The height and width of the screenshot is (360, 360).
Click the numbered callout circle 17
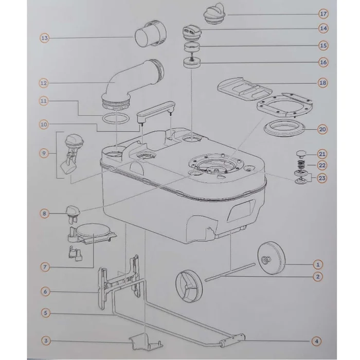323,14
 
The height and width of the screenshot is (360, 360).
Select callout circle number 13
45,38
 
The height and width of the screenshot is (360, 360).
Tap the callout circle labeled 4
316,341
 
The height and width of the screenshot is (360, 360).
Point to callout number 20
322,130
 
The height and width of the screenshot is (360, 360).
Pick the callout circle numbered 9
44,153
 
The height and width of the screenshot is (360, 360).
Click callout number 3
46,340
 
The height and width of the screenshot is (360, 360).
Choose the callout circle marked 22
322,165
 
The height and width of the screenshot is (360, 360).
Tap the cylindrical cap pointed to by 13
150,34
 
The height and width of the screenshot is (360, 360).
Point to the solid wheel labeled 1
271,258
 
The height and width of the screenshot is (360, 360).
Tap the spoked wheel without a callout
190,286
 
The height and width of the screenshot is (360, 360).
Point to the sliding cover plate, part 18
244,89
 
